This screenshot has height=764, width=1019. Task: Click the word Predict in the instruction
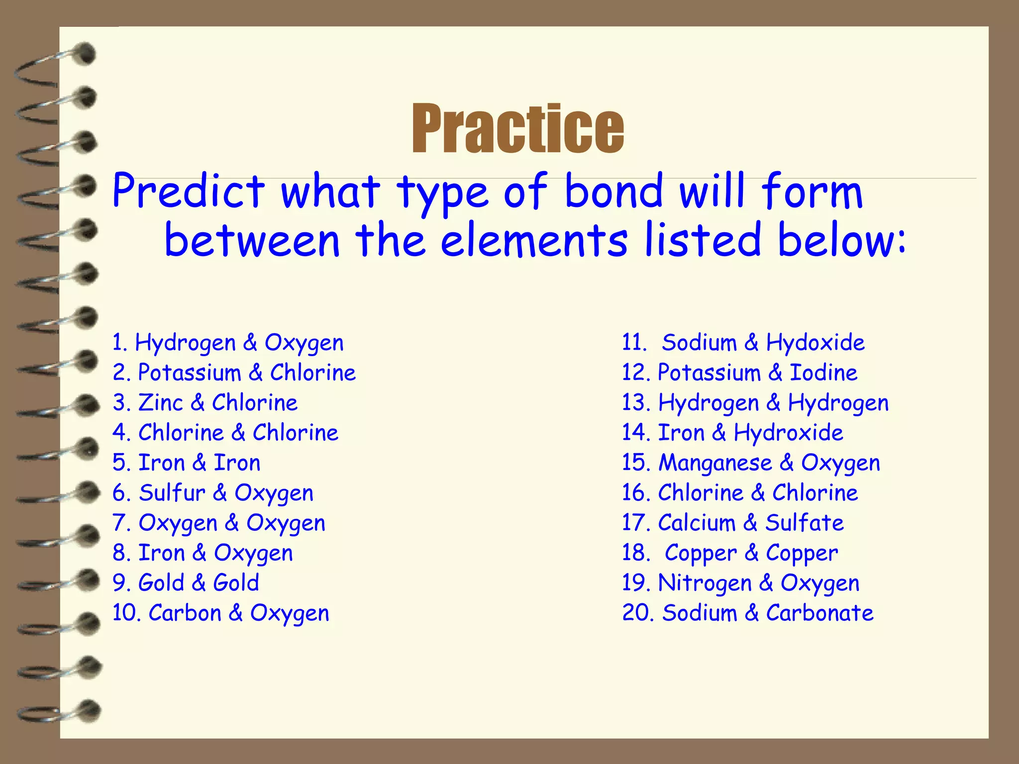189,191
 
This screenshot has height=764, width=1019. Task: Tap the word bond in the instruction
614,191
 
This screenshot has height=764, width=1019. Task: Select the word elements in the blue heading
534,241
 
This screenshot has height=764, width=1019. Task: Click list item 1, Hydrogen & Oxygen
228,343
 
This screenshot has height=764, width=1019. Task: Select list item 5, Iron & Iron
187,463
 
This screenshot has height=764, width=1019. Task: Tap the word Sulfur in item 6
172,493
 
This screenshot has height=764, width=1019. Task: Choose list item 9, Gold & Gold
186,583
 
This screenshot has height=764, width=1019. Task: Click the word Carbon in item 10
185,613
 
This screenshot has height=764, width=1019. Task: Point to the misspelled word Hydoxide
815,343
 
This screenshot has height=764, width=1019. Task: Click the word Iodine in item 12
823,373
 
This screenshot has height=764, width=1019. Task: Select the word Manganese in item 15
715,463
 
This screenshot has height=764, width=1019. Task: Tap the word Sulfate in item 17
804,523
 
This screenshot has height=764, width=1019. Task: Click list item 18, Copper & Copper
730,553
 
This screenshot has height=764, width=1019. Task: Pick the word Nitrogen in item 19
705,583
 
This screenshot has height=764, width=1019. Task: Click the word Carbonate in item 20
819,613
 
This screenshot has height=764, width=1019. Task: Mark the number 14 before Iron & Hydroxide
635,433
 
